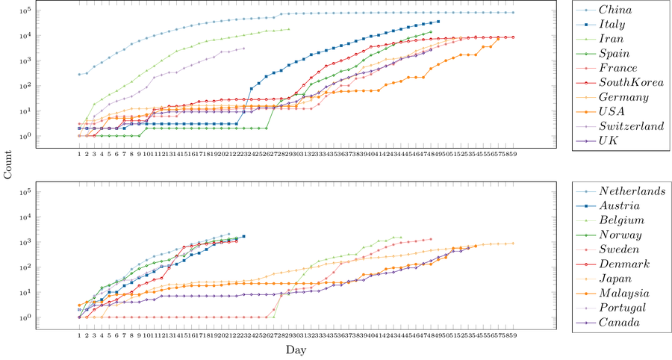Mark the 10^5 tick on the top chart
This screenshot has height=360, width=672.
66,10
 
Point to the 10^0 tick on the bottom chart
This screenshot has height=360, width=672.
66,317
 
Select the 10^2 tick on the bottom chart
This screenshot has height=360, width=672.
66,267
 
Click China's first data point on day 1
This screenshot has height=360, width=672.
79,75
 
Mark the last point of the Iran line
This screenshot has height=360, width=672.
289,29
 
